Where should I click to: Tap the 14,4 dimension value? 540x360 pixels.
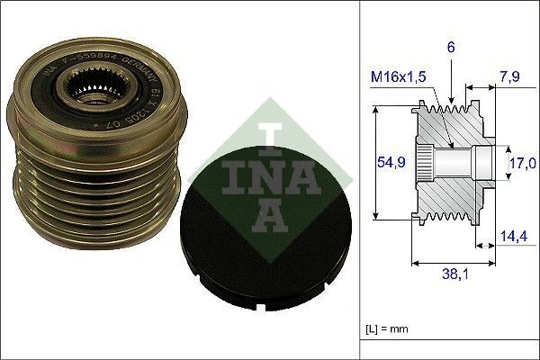(x=512, y=238)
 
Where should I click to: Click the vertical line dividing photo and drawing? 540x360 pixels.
(x=359, y=180)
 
